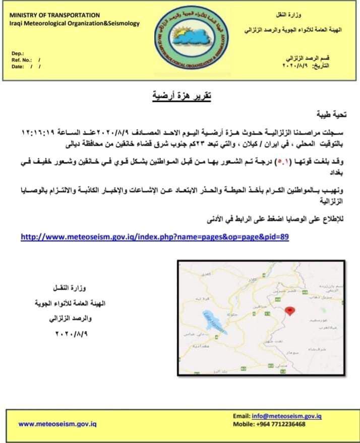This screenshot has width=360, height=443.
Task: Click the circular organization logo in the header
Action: [x=193, y=40]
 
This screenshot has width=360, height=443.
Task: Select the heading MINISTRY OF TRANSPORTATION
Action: [x=55, y=15]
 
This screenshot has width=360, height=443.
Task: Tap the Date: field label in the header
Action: [x=19, y=66]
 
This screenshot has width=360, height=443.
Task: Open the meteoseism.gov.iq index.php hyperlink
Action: [x=154, y=236]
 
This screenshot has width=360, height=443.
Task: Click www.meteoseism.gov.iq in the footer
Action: [x=57, y=424]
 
